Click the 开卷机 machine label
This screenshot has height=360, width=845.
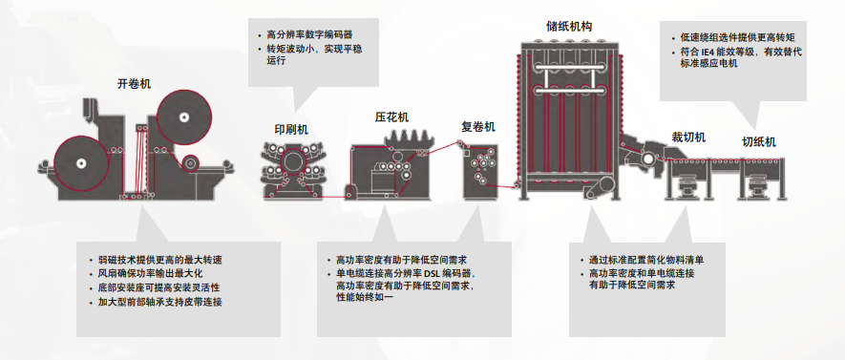tap(135, 84)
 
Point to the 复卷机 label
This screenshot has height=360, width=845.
tap(478, 126)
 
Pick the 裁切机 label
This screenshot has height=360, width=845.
tap(687, 138)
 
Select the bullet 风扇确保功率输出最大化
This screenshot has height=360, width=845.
tap(153, 274)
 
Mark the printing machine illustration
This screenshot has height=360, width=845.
tap(290, 170)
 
